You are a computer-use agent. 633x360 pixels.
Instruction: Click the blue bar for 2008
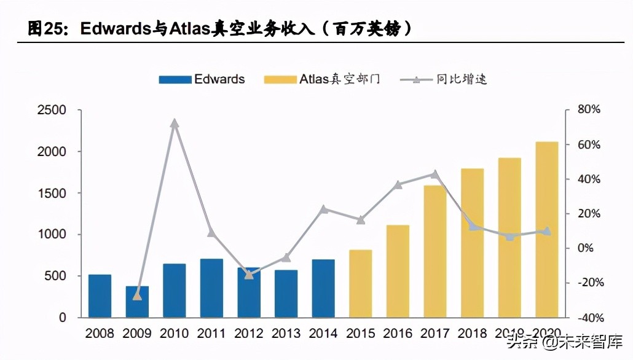pyautogui.click(x=100, y=296)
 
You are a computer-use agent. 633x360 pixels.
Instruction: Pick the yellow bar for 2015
pyautogui.click(x=360, y=284)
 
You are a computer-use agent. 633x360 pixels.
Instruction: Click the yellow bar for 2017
pyautogui.click(x=435, y=251)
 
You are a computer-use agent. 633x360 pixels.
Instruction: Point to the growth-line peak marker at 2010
pyautogui.click(x=175, y=123)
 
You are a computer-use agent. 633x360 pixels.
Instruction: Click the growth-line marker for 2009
pyautogui.click(x=137, y=296)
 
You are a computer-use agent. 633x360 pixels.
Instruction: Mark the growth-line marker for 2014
pyautogui.click(x=324, y=209)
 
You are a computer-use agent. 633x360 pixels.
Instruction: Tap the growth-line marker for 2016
pyautogui.click(x=398, y=184)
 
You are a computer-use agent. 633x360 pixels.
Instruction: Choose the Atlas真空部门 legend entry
pyautogui.click(x=322, y=79)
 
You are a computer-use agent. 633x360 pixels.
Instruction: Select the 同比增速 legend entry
pyautogui.click(x=444, y=79)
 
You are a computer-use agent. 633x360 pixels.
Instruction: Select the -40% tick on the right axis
pyautogui.click(x=591, y=318)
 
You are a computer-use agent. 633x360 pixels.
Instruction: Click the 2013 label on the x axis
pyautogui.click(x=286, y=334)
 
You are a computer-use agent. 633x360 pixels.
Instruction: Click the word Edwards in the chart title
pyautogui.click(x=116, y=29)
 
